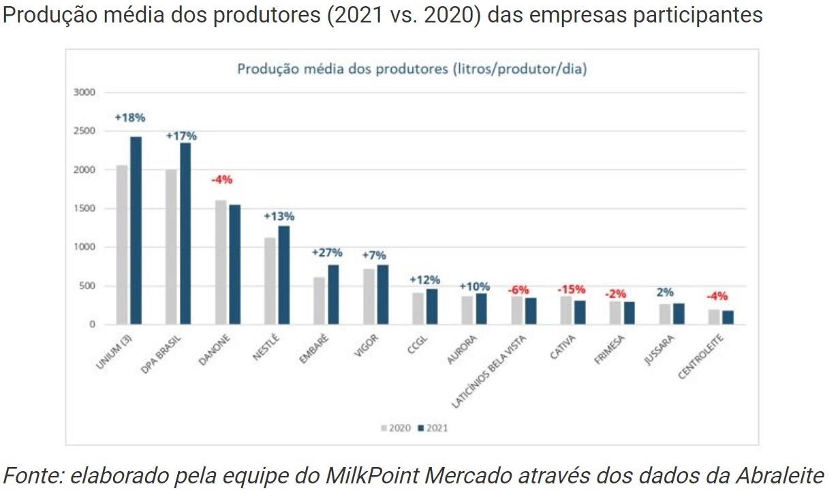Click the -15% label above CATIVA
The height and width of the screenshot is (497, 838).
(x=571, y=289)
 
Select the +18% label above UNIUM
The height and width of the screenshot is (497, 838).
(x=129, y=117)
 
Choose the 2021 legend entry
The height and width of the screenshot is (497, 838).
(x=433, y=428)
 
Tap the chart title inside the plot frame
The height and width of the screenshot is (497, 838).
(x=412, y=69)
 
